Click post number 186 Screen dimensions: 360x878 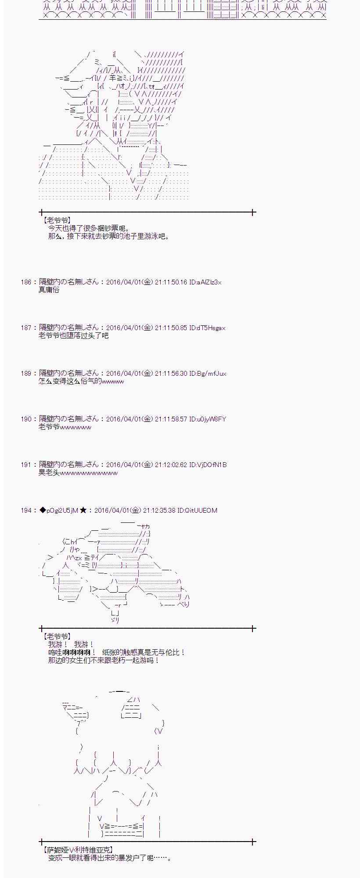26,282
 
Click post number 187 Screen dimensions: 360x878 26,328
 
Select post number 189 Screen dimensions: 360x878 26,374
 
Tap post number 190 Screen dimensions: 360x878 26,419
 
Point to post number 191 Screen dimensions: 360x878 26,465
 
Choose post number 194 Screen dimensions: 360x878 26,511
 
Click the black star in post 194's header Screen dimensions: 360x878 83,511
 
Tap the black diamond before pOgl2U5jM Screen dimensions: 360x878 43,511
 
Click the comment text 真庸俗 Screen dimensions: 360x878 49,290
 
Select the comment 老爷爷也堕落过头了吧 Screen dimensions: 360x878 73,336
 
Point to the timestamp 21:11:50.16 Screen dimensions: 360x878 171,282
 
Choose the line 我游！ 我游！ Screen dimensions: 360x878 71,644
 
